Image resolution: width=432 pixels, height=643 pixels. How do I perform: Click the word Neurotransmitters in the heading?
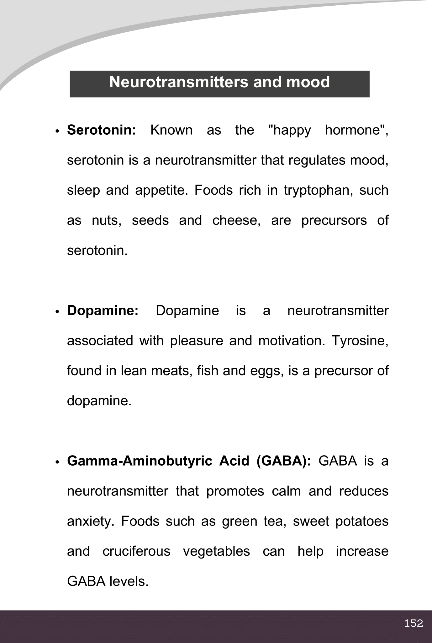pos(179,82)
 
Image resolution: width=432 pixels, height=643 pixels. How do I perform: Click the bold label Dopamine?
pos(103,311)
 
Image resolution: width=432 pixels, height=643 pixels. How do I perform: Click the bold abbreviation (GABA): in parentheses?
pos(283,461)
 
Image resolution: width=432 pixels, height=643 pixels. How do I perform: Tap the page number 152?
pos(414,623)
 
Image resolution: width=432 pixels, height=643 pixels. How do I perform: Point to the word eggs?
pos(266,371)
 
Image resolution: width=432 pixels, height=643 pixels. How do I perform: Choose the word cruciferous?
pos(136,551)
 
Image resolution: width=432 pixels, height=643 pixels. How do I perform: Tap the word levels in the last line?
pos(129,581)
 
